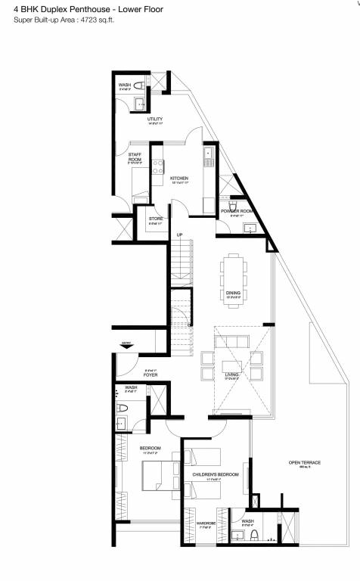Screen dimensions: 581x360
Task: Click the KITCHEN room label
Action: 178,179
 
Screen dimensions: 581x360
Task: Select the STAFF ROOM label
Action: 135,157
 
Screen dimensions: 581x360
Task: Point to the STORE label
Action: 155,219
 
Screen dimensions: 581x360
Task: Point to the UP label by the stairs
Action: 179,235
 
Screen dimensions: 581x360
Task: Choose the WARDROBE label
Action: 206,521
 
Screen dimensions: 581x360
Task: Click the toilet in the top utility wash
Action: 139,104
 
